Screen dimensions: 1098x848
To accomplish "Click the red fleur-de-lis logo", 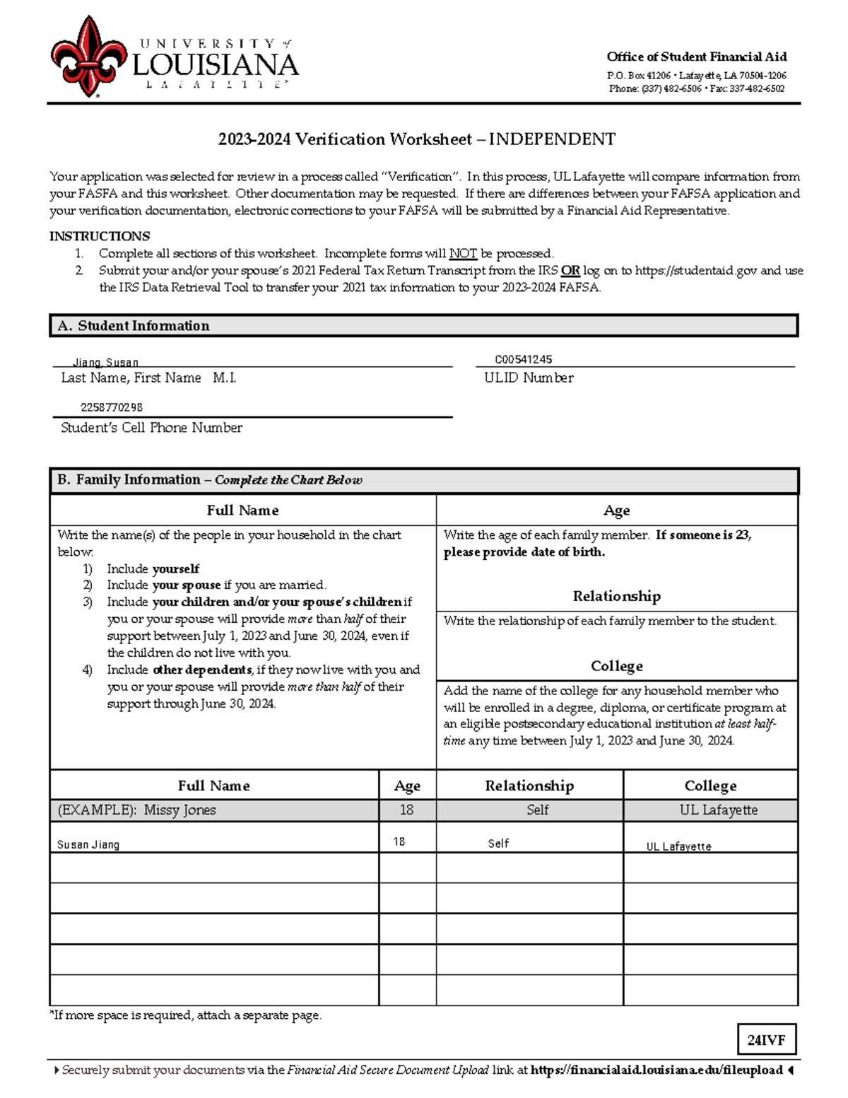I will coord(88,57).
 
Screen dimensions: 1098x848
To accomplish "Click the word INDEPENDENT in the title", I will coord(552,139).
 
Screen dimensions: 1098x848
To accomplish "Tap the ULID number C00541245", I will coord(524,359).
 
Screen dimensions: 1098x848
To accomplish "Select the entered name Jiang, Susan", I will coord(106,362).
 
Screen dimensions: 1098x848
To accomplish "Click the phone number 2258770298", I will coord(112,407).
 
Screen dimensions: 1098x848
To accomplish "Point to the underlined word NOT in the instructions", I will coord(463,253).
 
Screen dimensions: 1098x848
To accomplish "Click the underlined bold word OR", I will coord(570,270).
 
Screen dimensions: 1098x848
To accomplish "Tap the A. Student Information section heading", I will coord(134,326).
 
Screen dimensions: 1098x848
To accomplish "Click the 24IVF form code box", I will coord(766,1040).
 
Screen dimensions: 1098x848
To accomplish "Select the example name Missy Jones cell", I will coord(179,810).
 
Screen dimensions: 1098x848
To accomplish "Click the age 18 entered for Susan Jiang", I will coord(399,841).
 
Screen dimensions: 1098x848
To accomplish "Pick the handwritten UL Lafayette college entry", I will coord(678,846).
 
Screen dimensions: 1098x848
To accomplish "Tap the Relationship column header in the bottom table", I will coord(529,785).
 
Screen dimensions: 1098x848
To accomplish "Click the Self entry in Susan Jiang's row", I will coord(498,843).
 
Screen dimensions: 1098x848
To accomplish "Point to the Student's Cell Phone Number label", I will coord(151,428).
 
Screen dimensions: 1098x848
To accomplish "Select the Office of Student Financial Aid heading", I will coord(696,57).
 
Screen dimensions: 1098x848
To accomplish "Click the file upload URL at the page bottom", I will coord(656,1070).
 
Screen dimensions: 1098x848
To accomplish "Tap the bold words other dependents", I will coord(202,670).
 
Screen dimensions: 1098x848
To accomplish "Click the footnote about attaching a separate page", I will coord(185,1015).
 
